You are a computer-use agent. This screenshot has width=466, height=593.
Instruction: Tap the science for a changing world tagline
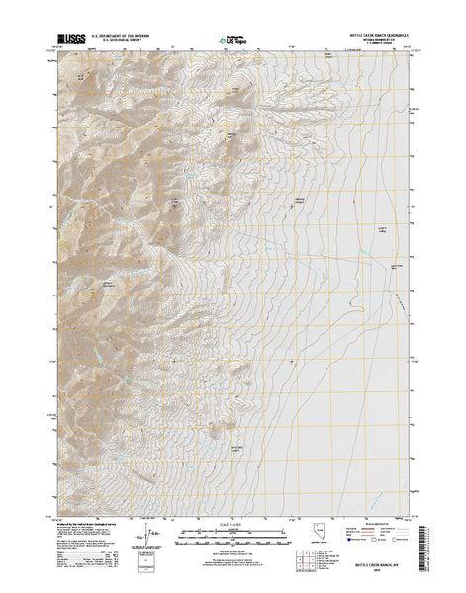71,44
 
